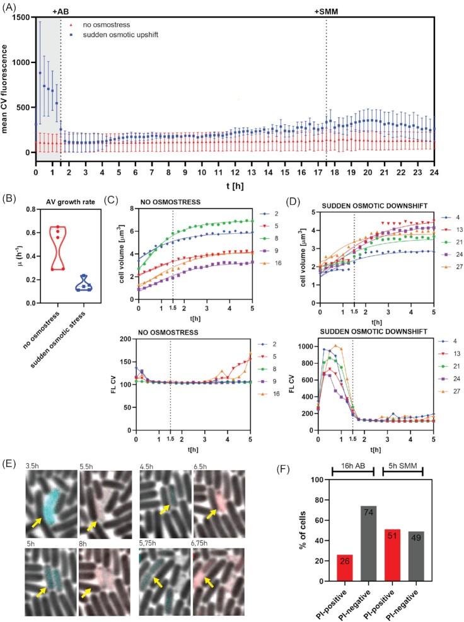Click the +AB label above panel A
tap(61, 11)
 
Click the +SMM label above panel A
tap(326, 11)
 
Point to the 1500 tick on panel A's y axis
tap(20, 17)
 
